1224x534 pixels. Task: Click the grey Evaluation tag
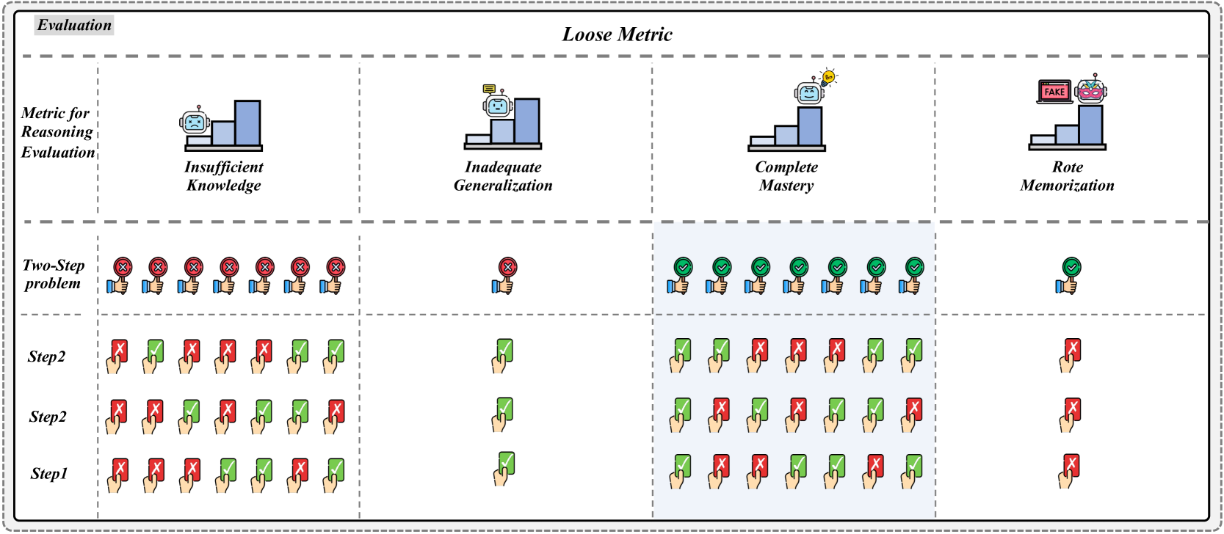74,26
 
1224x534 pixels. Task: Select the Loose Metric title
617,34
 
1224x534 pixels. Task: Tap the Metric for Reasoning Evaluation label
57,133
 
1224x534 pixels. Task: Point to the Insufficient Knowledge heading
223,176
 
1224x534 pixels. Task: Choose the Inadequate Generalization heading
503,176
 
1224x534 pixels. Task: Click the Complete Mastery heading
786,176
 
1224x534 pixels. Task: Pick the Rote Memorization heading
1067,176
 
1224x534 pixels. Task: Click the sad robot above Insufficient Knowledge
195,121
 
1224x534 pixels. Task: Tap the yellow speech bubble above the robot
489,89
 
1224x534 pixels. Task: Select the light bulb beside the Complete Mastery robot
828,77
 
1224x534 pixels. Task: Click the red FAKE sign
1054,92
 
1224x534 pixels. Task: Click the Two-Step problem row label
54,274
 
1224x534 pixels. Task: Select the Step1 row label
48,474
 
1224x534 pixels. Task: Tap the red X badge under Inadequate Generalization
507,267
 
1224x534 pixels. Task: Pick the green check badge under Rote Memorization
1071,267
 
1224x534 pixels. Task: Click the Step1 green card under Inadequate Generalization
505,464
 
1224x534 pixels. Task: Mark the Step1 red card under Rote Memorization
1071,465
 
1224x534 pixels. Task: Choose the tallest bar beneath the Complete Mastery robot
810,126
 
